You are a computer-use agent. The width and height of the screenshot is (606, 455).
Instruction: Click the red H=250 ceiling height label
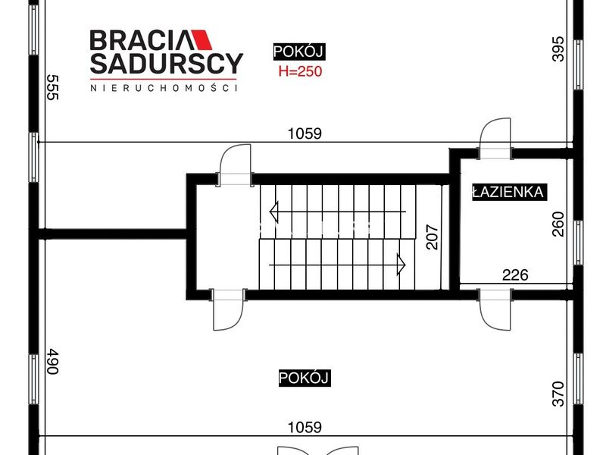tap(300, 71)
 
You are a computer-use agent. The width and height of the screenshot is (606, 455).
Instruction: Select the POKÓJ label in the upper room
tap(298, 52)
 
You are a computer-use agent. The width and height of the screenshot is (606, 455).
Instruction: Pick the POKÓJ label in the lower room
tap(305, 378)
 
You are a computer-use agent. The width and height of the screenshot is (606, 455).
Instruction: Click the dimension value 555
tap(53, 87)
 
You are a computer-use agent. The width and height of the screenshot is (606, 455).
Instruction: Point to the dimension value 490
tap(53, 362)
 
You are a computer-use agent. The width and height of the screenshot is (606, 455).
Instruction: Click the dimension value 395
tap(558, 49)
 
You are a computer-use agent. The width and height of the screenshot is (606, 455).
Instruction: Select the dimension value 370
tap(558, 394)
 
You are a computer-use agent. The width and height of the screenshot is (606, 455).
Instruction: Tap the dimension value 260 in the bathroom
tap(558, 224)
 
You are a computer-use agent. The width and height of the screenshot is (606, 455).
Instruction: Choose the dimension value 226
tap(515, 275)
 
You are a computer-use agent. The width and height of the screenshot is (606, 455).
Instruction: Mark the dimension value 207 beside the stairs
tap(433, 237)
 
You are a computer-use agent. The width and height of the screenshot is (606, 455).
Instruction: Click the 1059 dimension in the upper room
tap(305, 133)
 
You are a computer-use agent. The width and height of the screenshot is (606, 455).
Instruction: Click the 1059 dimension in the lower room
tap(305, 428)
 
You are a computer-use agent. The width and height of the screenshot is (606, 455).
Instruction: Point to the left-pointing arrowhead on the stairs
tap(273, 212)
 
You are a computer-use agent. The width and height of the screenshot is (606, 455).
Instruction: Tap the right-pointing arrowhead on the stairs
tap(401, 265)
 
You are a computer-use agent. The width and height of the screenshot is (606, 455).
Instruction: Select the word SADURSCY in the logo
tap(167, 64)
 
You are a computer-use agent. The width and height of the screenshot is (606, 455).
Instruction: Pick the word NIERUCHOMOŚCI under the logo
tap(164, 88)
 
